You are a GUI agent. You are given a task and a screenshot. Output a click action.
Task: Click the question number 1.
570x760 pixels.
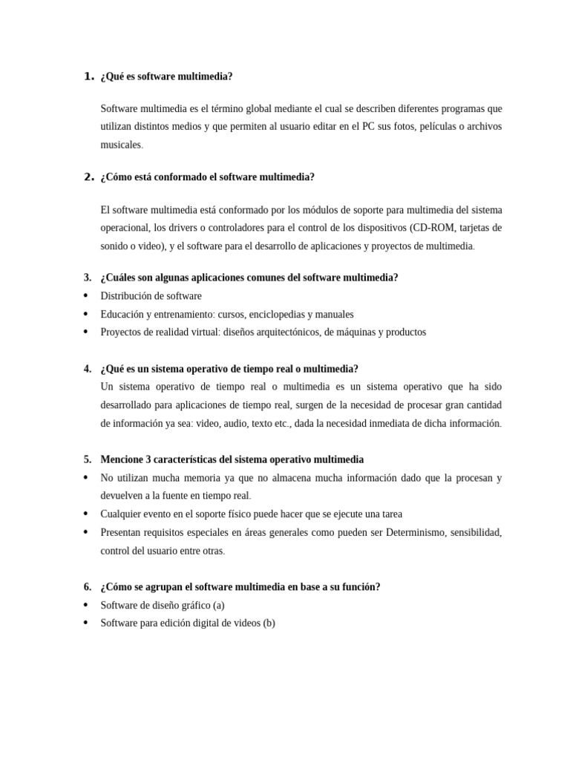[x=88, y=76]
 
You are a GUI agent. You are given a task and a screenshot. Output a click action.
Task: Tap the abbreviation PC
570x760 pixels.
[x=368, y=126]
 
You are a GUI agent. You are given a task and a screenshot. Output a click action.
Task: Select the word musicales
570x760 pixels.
[x=120, y=145]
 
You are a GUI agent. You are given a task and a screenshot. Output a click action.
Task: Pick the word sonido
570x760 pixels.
[x=116, y=246]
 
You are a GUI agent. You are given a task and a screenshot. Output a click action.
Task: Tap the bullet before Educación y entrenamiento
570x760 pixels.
[x=87, y=314]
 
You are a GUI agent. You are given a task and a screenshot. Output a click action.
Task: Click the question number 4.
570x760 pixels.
[x=88, y=369]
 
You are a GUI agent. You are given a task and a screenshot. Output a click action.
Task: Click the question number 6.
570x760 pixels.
[x=88, y=586]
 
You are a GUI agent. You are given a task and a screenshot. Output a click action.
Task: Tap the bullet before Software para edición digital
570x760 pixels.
[x=87, y=623]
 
